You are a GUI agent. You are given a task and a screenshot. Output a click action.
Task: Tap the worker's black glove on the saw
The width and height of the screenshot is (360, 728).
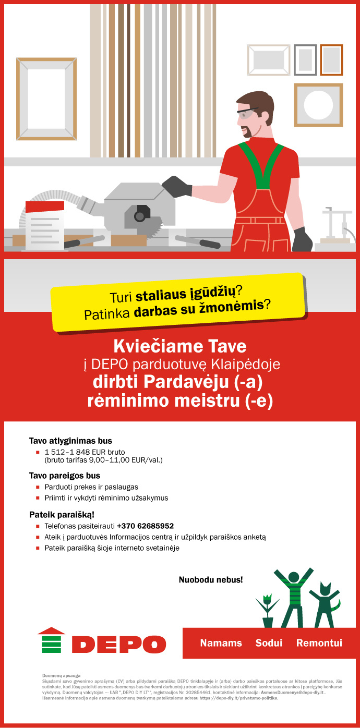pyautogui.click(x=176, y=186)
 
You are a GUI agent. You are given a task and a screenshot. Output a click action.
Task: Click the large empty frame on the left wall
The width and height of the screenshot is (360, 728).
pyautogui.click(x=46, y=99)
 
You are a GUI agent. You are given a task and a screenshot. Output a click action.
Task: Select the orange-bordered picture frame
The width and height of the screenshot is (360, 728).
pyautogui.click(x=331, y=60)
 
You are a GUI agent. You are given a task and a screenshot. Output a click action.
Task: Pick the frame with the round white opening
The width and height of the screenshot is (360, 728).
pyautogui.click(x=318, y=105)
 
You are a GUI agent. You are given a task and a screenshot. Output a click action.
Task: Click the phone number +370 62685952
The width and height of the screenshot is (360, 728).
pyautogui.click(x=145, y=526)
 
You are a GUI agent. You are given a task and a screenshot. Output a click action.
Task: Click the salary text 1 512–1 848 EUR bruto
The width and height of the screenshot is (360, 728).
pyautogui.click(x=85, y=452)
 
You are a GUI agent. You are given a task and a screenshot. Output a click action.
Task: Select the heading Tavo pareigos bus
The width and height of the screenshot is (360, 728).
pyautogui.click(x=65, y=476)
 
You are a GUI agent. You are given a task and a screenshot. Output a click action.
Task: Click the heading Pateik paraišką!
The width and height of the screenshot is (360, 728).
pyautogui.click(x=62, y=515)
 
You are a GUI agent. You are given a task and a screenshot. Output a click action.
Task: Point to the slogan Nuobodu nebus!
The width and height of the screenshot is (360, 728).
pyautogui.click(x=211, y=579)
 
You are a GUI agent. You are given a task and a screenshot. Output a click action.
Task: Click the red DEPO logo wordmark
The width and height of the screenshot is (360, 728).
pyautogui.click(x=118, y=644)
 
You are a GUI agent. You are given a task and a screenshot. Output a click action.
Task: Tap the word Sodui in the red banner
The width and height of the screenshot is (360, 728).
pyautogui.click(x=269, y=643)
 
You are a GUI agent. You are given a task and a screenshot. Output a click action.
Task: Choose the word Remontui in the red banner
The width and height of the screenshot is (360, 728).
pyautogui.click(x=319, y=643)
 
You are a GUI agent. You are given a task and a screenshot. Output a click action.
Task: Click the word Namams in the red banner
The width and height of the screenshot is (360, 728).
pyautogui.click(x=221, y=643)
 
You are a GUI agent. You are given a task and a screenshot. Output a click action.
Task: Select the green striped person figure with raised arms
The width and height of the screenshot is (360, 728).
pyautogui.click(x=293, y=597)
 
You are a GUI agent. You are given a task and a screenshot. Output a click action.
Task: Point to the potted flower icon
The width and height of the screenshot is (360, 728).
pyautogui.click(x=267, y=610)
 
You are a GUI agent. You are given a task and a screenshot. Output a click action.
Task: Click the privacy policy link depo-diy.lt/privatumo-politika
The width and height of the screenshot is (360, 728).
pyautogui.click(x=238, y=698)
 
